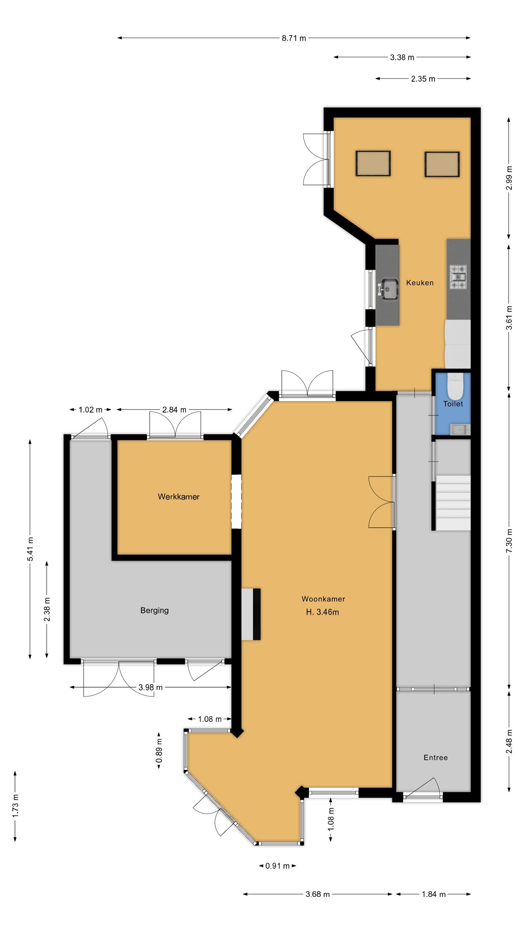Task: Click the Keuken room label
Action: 419,283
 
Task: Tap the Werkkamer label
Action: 178,496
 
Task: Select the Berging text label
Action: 154,610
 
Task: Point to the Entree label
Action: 436,757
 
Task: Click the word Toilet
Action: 453,404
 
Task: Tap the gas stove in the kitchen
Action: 458,277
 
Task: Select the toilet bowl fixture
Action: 454,386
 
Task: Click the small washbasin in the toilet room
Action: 460,429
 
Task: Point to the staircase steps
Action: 453,503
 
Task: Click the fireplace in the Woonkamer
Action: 251,614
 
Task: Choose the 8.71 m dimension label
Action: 294,38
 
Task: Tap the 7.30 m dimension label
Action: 509,541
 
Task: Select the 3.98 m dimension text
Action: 151,687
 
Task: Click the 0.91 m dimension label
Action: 278,866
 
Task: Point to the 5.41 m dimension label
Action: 30,549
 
